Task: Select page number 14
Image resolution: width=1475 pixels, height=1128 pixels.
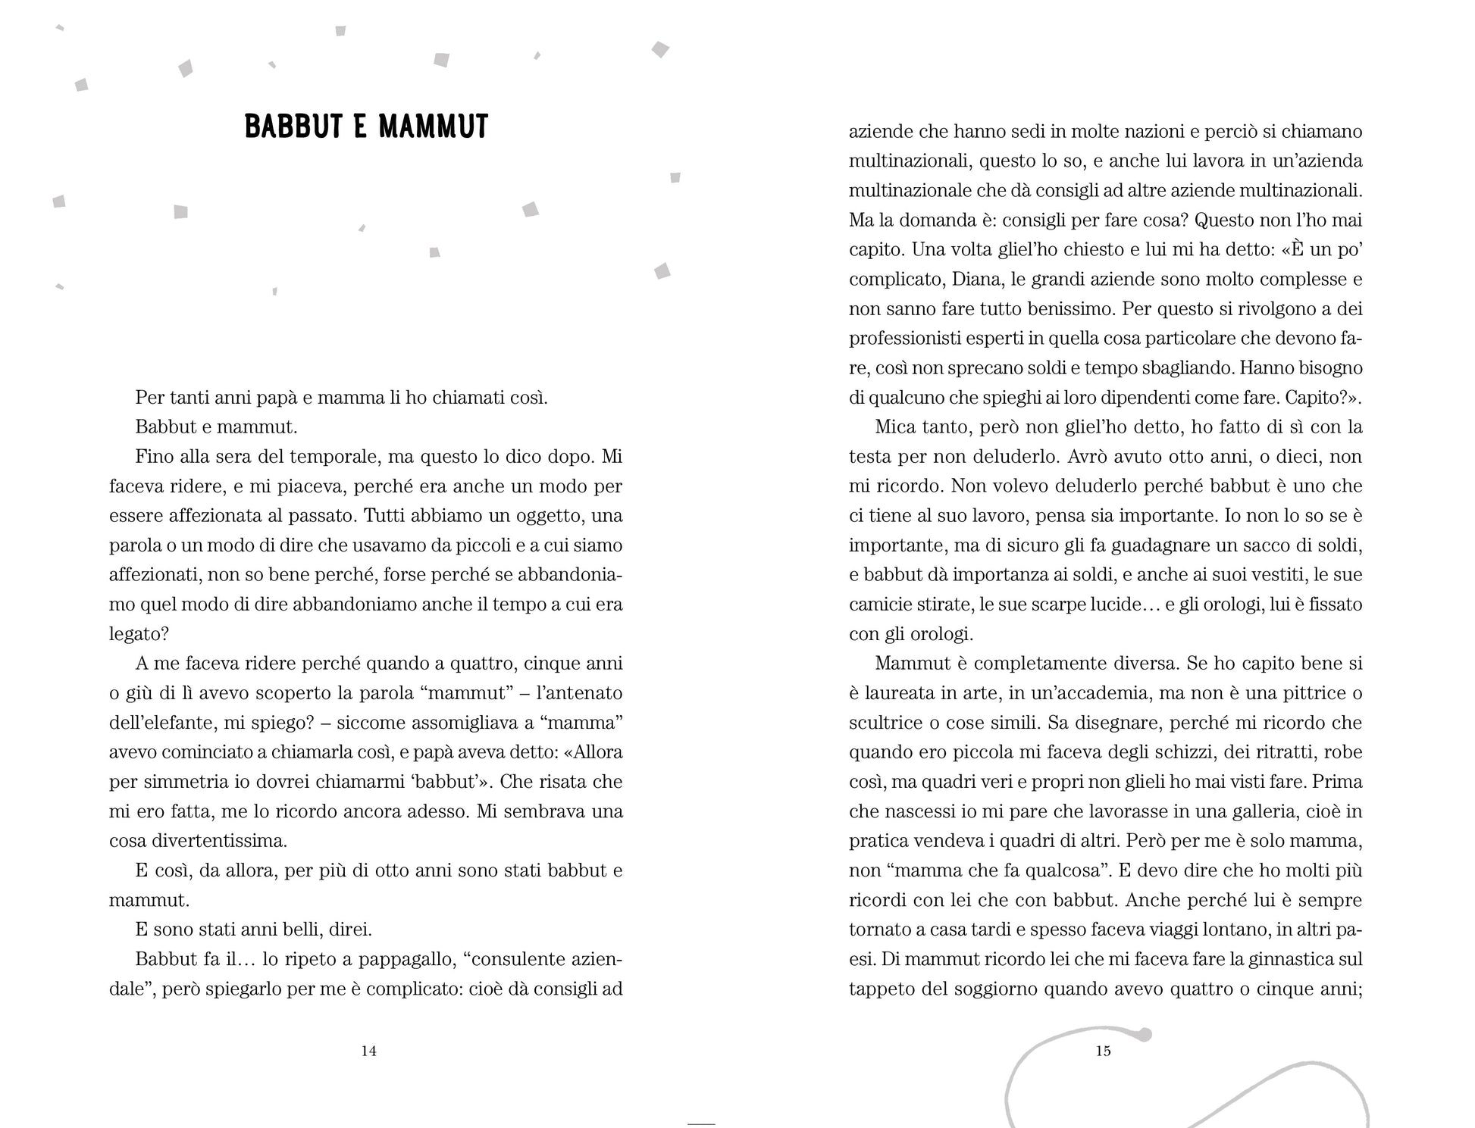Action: coord(368,1051)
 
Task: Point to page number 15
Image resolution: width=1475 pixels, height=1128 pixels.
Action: coord(1103,1051)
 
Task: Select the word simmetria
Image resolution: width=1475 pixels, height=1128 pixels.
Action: coord(176,783)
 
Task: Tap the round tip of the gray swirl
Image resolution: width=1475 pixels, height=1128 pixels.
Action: coord(1145,1034)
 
